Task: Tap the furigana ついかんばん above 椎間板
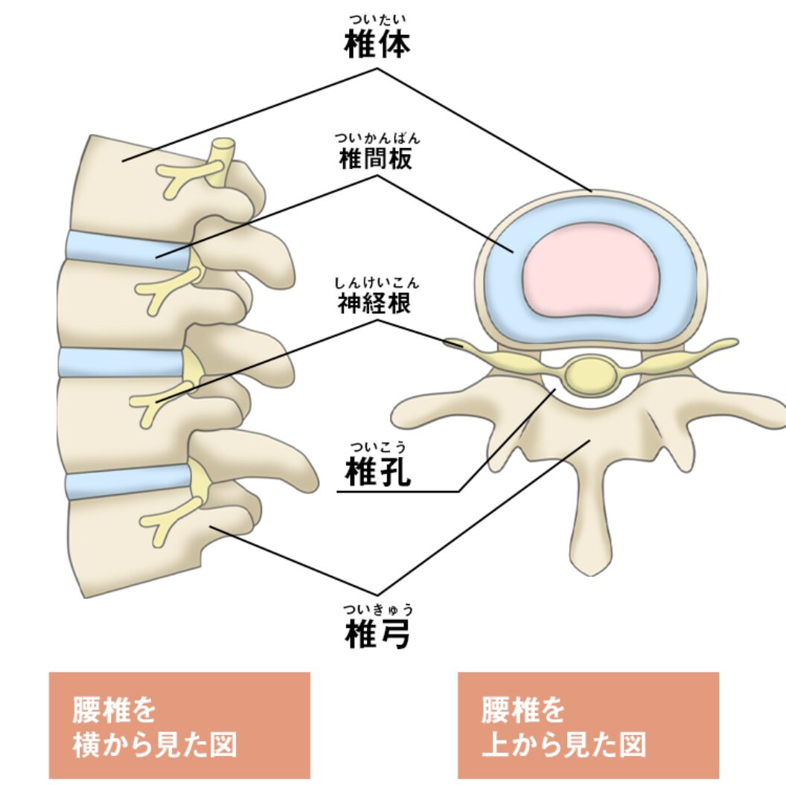click(x=377, y=138)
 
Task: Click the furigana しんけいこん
click(x=377, y=282)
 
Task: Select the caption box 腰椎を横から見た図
click(x=179, y=725)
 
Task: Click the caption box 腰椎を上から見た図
click(x=588, y=725)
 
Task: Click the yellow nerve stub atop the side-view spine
click(x=221, y=160)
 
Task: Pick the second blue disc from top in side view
click(x=119, y=362)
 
